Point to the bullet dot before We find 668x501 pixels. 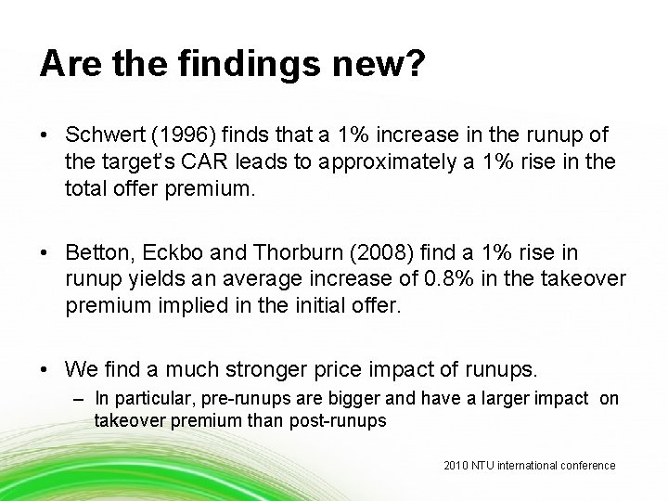[45, 368]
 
